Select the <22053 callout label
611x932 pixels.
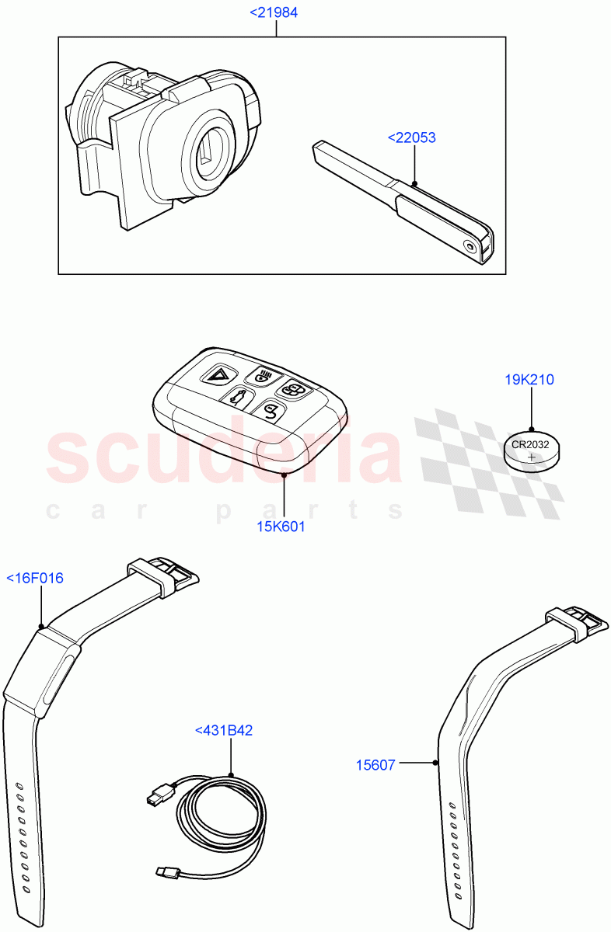point(411,138)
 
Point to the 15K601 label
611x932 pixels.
point(281,527)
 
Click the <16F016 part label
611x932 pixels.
point(35,578)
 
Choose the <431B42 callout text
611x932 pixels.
point(224,730)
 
